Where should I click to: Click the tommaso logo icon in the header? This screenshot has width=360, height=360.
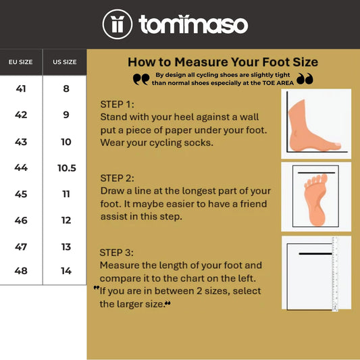pyautogui.click(x=118, y=24)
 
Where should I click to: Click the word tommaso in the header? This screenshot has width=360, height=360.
pyautogui.click(x=193, y=24)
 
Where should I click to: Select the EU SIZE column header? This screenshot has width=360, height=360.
pyautogui.click(x=21, y=62)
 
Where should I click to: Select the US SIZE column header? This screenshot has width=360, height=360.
pyautogui.click(x=65, y=62)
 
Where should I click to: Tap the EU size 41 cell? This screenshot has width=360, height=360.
pyautogui.click(x=21, y=88)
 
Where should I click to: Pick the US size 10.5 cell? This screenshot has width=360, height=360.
pyautogui.click(x=66, y=168)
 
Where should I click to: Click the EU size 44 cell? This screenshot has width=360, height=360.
pyautogui.click(x=21, y=168)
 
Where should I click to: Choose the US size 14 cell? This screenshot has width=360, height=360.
pyautogui.click(x=66, y=271)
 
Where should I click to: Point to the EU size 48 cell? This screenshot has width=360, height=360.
pyautogui.click(x=21, y=271)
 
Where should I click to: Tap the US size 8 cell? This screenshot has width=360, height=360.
pyautogui.click(x=66, y=88)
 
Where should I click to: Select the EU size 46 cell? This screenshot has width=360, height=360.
pyautogui.click(x=21, y=220)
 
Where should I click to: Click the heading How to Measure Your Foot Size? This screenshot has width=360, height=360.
pyautogui.click(x=223, y=62)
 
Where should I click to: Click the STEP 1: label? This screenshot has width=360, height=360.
pyautogui.click(x=118, y=104)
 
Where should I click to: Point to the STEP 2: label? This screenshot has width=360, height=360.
pyautogui.click(x=118, y=178)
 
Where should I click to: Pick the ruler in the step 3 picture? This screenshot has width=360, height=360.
pyautogui.click(x=334, y=273)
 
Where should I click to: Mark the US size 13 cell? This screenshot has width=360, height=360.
pyautogui.click(x=66, y=247)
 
